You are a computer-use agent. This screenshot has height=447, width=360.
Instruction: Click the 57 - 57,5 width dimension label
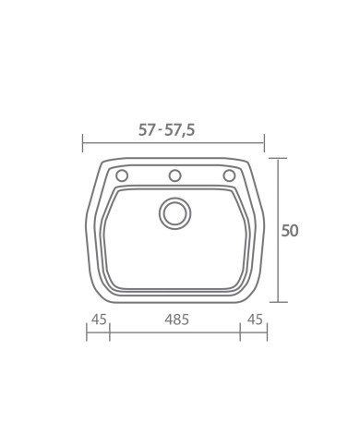[x=167, y=130]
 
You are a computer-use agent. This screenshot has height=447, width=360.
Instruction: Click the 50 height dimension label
[x=290, y=231]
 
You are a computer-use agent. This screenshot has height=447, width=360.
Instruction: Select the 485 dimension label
[x=176, y=320]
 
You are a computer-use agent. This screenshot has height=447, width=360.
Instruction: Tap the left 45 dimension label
[x=99, y=320]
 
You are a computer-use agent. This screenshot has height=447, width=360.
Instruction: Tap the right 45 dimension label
[x=255, y=320]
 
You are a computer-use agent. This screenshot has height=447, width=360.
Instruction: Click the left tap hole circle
[x=122, y=175]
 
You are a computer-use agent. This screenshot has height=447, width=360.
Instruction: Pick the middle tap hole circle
[x=174, y=175]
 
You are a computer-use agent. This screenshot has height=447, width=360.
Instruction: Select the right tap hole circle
[x=229, y=175]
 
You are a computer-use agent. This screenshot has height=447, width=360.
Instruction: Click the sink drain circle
[x=174, y=213]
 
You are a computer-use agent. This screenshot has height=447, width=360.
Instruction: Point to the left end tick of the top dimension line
[x=82, y=143]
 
